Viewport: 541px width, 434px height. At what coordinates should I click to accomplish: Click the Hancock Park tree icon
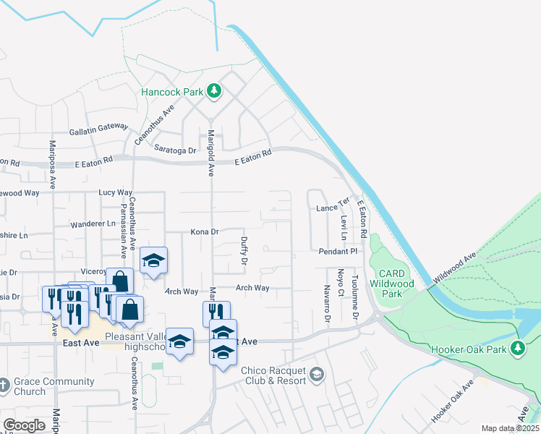click(214, 91)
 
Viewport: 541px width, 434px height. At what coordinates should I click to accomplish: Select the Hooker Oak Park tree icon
click(518, 349)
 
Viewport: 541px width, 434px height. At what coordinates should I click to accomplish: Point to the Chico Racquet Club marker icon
click(316, 375)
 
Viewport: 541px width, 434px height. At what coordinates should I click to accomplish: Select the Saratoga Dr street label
click(176, 150)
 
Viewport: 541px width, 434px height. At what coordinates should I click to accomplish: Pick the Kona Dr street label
click(205, 232)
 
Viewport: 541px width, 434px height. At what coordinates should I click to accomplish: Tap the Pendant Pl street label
click(338, 251)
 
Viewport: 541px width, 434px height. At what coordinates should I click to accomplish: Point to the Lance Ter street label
click(333, 208)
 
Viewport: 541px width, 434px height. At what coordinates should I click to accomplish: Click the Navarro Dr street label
click(327, 305)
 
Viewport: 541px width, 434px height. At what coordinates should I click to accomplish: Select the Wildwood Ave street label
click(455, 268)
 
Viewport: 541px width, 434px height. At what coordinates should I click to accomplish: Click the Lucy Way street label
click(116, 193)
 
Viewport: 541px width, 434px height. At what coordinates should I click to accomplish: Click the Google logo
click(24, 425)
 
